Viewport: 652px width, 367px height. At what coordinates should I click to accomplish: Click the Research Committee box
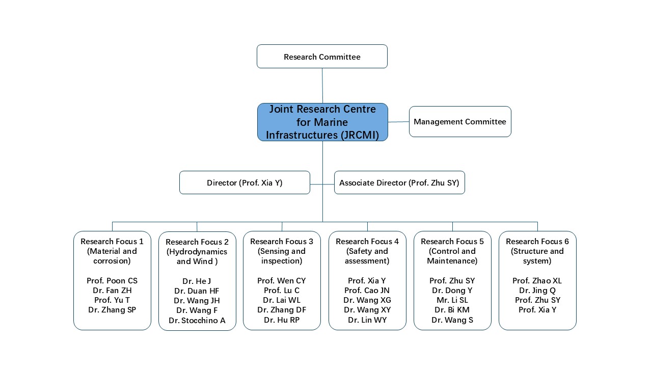click(x=322, y=57)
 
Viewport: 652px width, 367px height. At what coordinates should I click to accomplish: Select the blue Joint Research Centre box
click(x=322, y=122)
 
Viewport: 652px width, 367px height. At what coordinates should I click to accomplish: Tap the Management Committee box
click(x=460, y=122)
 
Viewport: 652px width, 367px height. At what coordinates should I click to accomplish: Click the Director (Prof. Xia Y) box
click(x=244, y=182)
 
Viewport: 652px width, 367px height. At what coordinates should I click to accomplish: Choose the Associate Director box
click(x=399, y=182)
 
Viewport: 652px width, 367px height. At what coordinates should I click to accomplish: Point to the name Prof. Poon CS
click(x=112, y=281)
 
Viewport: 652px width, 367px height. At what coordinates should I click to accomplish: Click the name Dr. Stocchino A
click(x=197, y=321)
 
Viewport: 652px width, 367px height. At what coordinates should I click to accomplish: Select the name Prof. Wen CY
click(x=282, y=281)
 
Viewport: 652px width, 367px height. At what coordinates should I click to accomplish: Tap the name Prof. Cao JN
click(x=367, y=291)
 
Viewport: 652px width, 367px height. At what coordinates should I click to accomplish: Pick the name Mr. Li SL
click(x=452, y=300)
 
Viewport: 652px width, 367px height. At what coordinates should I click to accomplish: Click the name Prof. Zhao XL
click(x=537, y=281)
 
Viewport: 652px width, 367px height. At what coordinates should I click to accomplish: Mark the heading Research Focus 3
click(x=282, y=242)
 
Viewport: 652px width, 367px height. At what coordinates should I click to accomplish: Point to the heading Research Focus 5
click(x=452, y=242)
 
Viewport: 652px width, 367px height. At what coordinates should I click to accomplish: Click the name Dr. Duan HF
click(x=197, y=291)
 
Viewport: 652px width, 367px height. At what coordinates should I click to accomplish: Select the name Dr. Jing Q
click(x=537, y=291)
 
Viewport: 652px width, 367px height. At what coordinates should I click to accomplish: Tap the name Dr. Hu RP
click(x=282, y=320)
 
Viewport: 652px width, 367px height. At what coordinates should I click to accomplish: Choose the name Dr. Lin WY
click(x=367, y=320)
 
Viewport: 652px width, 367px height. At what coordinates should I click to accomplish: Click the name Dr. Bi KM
click(x=452, y=310)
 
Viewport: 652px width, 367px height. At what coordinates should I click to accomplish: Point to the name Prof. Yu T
click(x=112, y=300)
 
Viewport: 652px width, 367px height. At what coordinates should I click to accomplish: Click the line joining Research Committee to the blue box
click(x=322, y=86)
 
